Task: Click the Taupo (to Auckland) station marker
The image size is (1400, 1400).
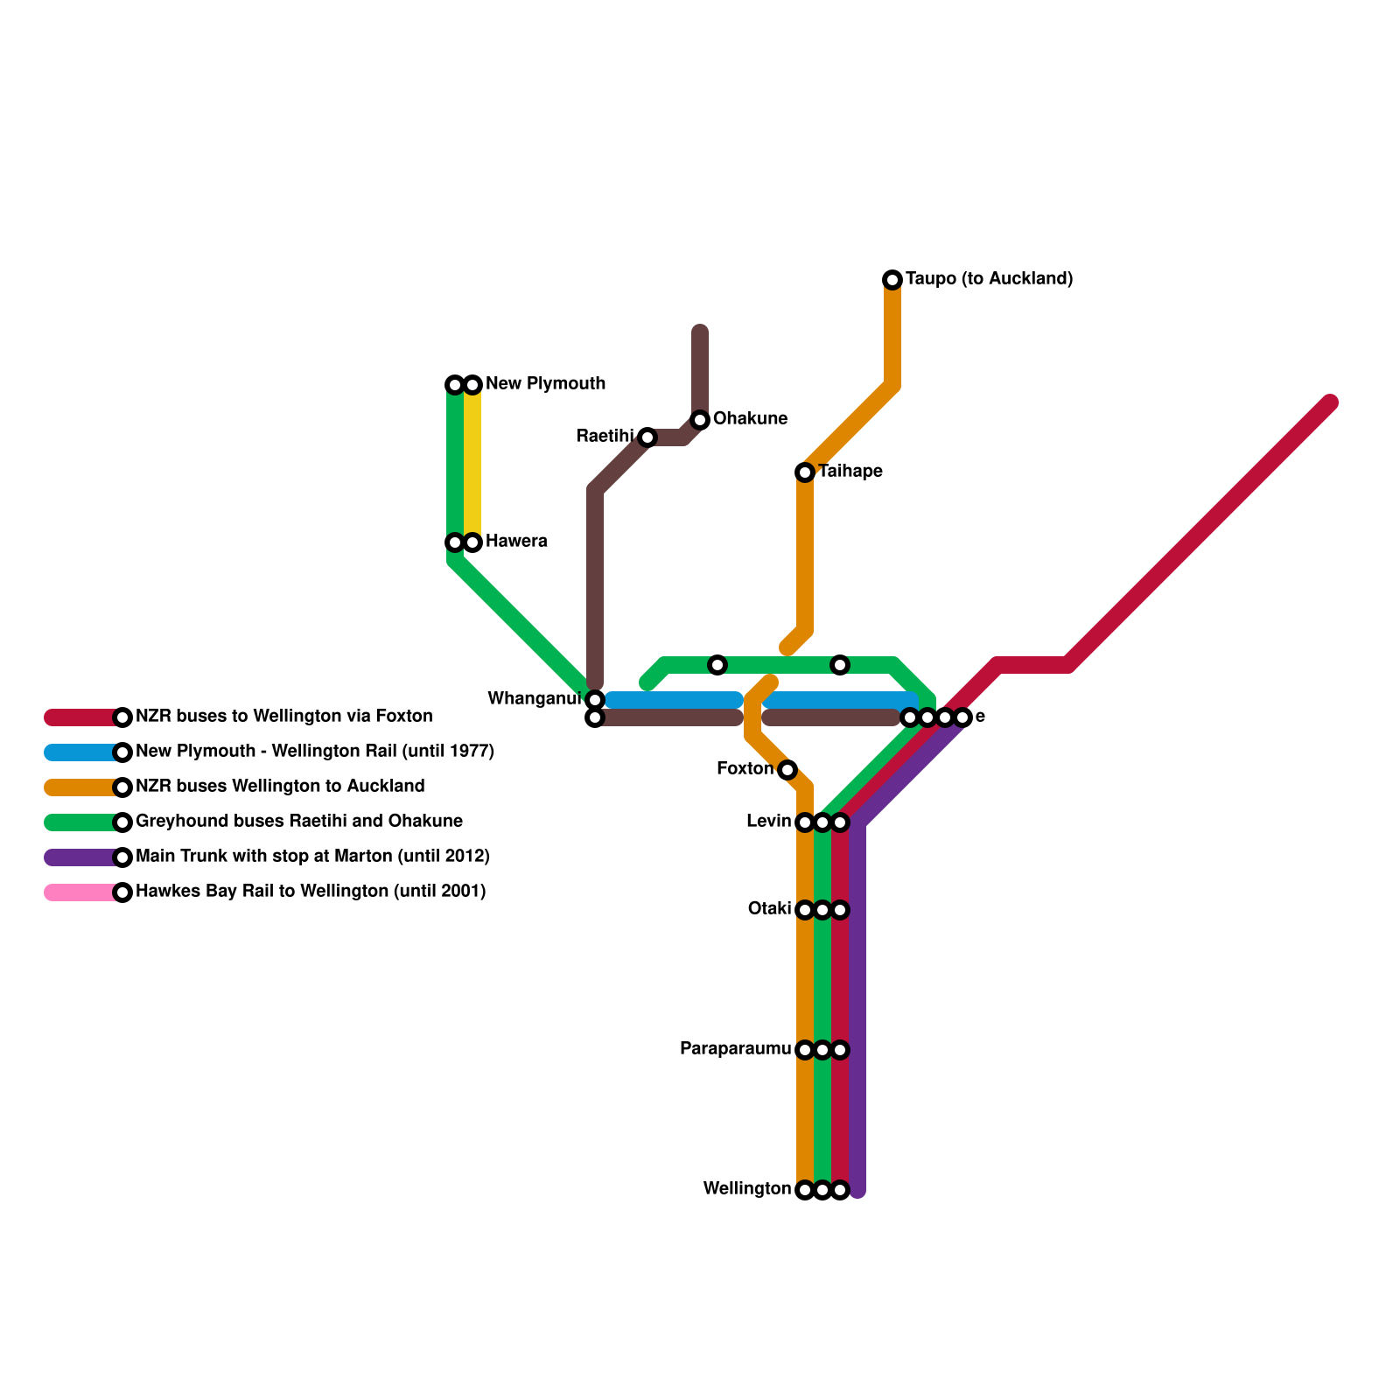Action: click(x=892, y=280)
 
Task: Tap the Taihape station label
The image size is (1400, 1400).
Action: click(x=850, y=472)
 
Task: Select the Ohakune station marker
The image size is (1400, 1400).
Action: click(x=700, y=420)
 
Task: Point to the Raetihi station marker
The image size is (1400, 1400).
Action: click(x=647, y=437)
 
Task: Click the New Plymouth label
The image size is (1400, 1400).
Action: click(x=545, y=384)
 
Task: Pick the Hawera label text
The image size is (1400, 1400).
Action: click(x=516, y=542)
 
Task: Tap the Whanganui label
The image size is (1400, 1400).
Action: click(x=534, y=699)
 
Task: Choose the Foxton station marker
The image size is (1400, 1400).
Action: click(x=787, y=770)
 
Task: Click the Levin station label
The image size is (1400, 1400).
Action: click(x=768, y=822)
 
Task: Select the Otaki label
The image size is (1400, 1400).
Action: click(x=769, y=909)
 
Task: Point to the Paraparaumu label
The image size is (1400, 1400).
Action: click(x=735, y=1049)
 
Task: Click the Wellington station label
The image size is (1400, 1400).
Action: click(x=746, y=1189)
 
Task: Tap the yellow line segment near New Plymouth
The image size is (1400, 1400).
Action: click(x=472, y=464)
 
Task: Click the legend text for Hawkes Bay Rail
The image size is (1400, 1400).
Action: click(x=311, y=892)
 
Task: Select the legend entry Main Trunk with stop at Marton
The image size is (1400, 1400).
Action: click(x=312, y=857)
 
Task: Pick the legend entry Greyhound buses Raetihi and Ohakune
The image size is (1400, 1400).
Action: click(x=299, y=822)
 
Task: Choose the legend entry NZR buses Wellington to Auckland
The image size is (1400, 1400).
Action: click(x=280, y=787)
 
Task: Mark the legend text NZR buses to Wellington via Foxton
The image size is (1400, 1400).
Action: click(x=283, y=717)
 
